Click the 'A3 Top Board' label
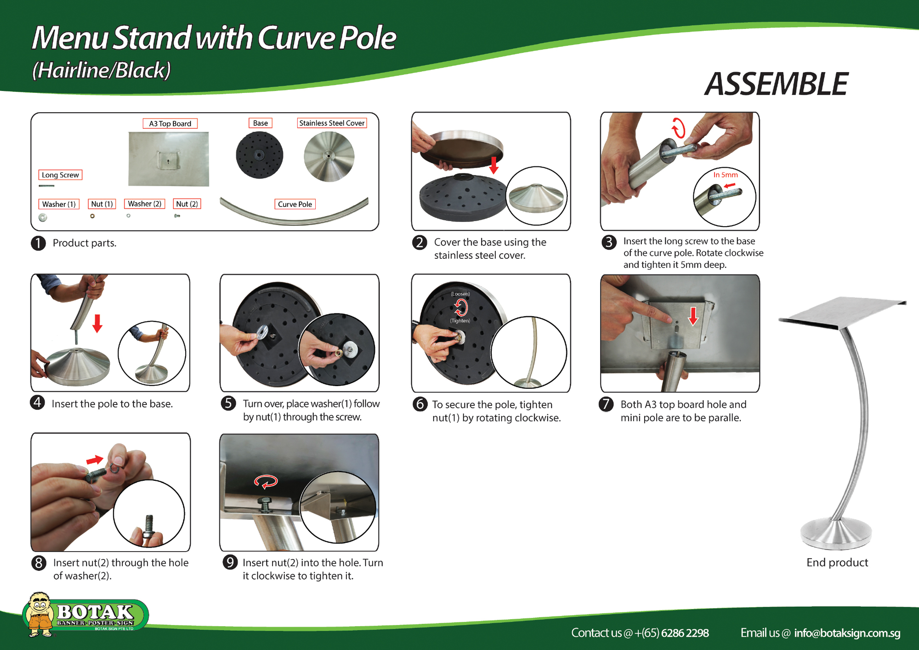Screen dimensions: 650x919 [170, 124]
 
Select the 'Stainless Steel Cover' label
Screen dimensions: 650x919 [332, 123]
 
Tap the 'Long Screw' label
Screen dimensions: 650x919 [60, 175]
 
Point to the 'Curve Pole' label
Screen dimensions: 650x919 [295, 204]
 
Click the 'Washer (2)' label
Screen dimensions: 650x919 [144, 204]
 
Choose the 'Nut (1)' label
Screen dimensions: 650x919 [102, 204]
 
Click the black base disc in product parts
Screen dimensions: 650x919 [259, 155]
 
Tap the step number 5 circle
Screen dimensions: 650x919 [228, 403]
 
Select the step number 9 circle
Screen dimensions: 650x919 [229, 562]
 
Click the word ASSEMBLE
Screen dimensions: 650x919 [776, 84]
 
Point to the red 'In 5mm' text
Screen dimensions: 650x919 [725, 175]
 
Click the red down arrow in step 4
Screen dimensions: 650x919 [97, 323]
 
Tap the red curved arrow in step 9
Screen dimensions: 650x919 [266, 481]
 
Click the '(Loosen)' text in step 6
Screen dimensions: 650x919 [460, 294]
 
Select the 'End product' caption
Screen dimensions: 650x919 [837, 563]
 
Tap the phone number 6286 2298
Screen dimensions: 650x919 [685, 633]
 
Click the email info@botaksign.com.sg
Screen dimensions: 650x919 [847, 633]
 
